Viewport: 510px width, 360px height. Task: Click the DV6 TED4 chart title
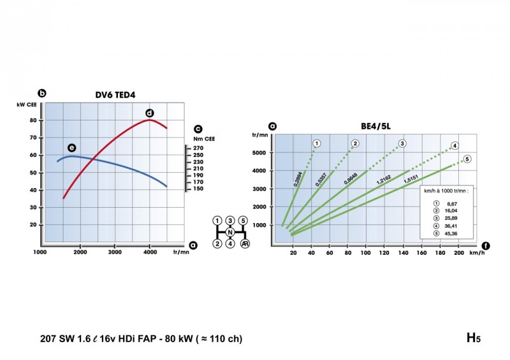point(115,95)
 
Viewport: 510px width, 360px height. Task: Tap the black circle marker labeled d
point(149,113)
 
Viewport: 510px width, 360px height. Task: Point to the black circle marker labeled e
point(71,147)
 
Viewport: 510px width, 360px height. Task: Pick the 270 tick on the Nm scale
point(198,148)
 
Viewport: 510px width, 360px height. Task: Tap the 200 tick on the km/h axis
point(458,253)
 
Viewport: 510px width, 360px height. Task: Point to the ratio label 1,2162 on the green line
point(384,182)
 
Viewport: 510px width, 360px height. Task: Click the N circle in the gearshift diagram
point(229,232)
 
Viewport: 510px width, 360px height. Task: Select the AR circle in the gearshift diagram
point(244,243)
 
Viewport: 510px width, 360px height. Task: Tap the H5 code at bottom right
point(472,338)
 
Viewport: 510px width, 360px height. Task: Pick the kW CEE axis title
point(29,104)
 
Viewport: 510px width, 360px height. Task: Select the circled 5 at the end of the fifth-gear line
point(467,159)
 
